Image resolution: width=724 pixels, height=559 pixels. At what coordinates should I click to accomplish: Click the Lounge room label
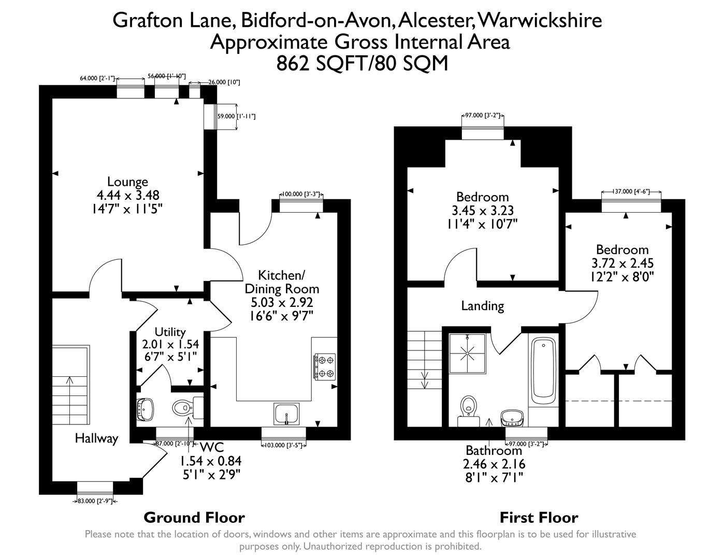tap(127, 182)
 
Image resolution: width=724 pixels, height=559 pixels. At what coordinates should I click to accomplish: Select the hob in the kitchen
tap(325, 366)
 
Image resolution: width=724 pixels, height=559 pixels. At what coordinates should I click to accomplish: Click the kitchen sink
tap(286, 414)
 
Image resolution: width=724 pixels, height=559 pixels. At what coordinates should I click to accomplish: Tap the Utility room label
tap(170, 332)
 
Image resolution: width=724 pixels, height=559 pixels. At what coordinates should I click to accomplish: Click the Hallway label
tap(96, 438)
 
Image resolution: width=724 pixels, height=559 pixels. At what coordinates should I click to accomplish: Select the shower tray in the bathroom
tap(468, 353)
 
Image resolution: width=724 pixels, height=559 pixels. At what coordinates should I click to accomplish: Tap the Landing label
tap(482, 306)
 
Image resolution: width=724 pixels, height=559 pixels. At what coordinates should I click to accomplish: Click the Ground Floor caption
tap(194, 517)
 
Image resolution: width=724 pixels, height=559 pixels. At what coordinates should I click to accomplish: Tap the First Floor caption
tap(539, 517)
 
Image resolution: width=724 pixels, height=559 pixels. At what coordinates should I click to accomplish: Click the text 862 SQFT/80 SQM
tap(362, 63)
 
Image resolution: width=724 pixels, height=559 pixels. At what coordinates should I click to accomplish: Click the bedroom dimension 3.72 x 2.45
tap(622, 263)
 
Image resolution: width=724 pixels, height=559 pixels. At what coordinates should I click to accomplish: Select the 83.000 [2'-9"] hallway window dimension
tap(95, 501)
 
